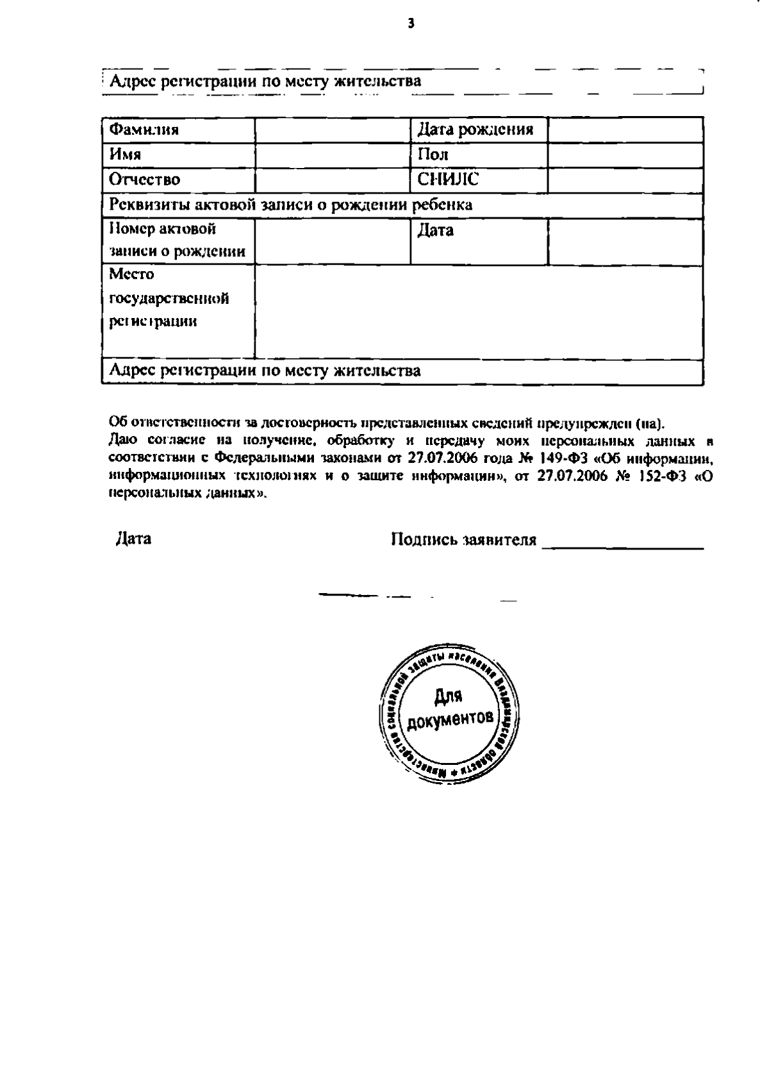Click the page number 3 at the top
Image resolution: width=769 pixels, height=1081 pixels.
pyautogui.click(x=411, y=24)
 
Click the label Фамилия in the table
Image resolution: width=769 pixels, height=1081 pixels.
pyautogui.click(x=144, y=130)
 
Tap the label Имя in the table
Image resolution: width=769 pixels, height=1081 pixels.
pyautogui.click(x=125, y=155)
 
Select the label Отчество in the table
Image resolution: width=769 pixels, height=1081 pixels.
pyautogui.click(x=144, y=180)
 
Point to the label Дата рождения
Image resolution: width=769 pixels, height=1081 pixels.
pyautogui.click(x=475, y=130)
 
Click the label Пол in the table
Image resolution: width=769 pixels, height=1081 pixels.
pyautogui.click(x=433, y=155)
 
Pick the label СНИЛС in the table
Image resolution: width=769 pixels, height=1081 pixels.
pyautogui.click(x=447, y=180)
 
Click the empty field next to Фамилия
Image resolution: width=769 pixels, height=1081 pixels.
pyautogui.click(x=333, y=130)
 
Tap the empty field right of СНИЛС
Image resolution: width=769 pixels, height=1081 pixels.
pyautogui.click(x=625, y=180)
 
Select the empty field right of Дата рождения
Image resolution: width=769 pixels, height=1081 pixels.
pyautogui.click(x=625, y=130)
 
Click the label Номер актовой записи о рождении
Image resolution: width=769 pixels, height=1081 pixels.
pyautogui.click(x=177, y=240)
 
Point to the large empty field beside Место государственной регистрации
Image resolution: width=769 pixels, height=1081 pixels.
pyautogui.click(x=479, y=312)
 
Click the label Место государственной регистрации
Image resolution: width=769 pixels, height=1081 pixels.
pyautogui.click(x=169, y=298)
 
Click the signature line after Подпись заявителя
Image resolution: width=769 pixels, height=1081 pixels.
pyautogui.click(x=622, y=546)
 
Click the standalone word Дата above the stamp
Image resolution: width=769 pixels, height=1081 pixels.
pyautogui.click(x=133, y=539)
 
